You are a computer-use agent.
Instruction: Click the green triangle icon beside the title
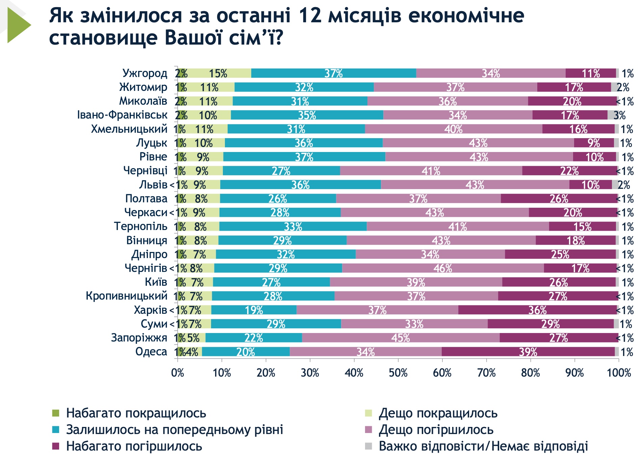coord(19,25)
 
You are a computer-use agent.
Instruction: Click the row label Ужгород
coord(145,73)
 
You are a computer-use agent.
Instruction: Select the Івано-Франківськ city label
coord(122,115)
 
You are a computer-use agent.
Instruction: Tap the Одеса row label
coord(151,352)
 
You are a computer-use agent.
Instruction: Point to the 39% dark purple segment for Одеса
coord(528,352)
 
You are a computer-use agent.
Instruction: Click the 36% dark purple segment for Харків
coord(537,310)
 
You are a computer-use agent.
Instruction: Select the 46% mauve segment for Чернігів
coord(443,268)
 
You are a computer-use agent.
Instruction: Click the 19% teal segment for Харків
coord(254,310)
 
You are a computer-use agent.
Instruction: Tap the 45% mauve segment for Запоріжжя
coord(401,338)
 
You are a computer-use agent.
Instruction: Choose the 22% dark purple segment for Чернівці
coord(569,171)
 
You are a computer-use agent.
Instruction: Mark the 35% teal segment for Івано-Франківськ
coord(307,115)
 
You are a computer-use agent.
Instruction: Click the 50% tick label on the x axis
coord(398,373)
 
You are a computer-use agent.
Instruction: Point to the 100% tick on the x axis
coord(619,373)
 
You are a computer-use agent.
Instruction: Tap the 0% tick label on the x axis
coord(178,373)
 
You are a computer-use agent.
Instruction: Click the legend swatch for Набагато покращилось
coord(56,413)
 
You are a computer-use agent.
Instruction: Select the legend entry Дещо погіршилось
coord(436,430)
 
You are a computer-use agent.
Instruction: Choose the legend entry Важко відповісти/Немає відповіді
coord(483,446)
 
